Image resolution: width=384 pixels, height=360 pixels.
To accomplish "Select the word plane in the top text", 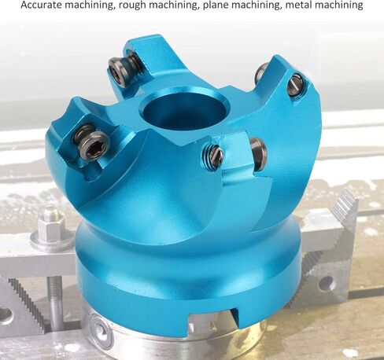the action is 216,6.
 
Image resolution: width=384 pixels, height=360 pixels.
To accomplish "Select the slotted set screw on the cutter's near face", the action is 214,157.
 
